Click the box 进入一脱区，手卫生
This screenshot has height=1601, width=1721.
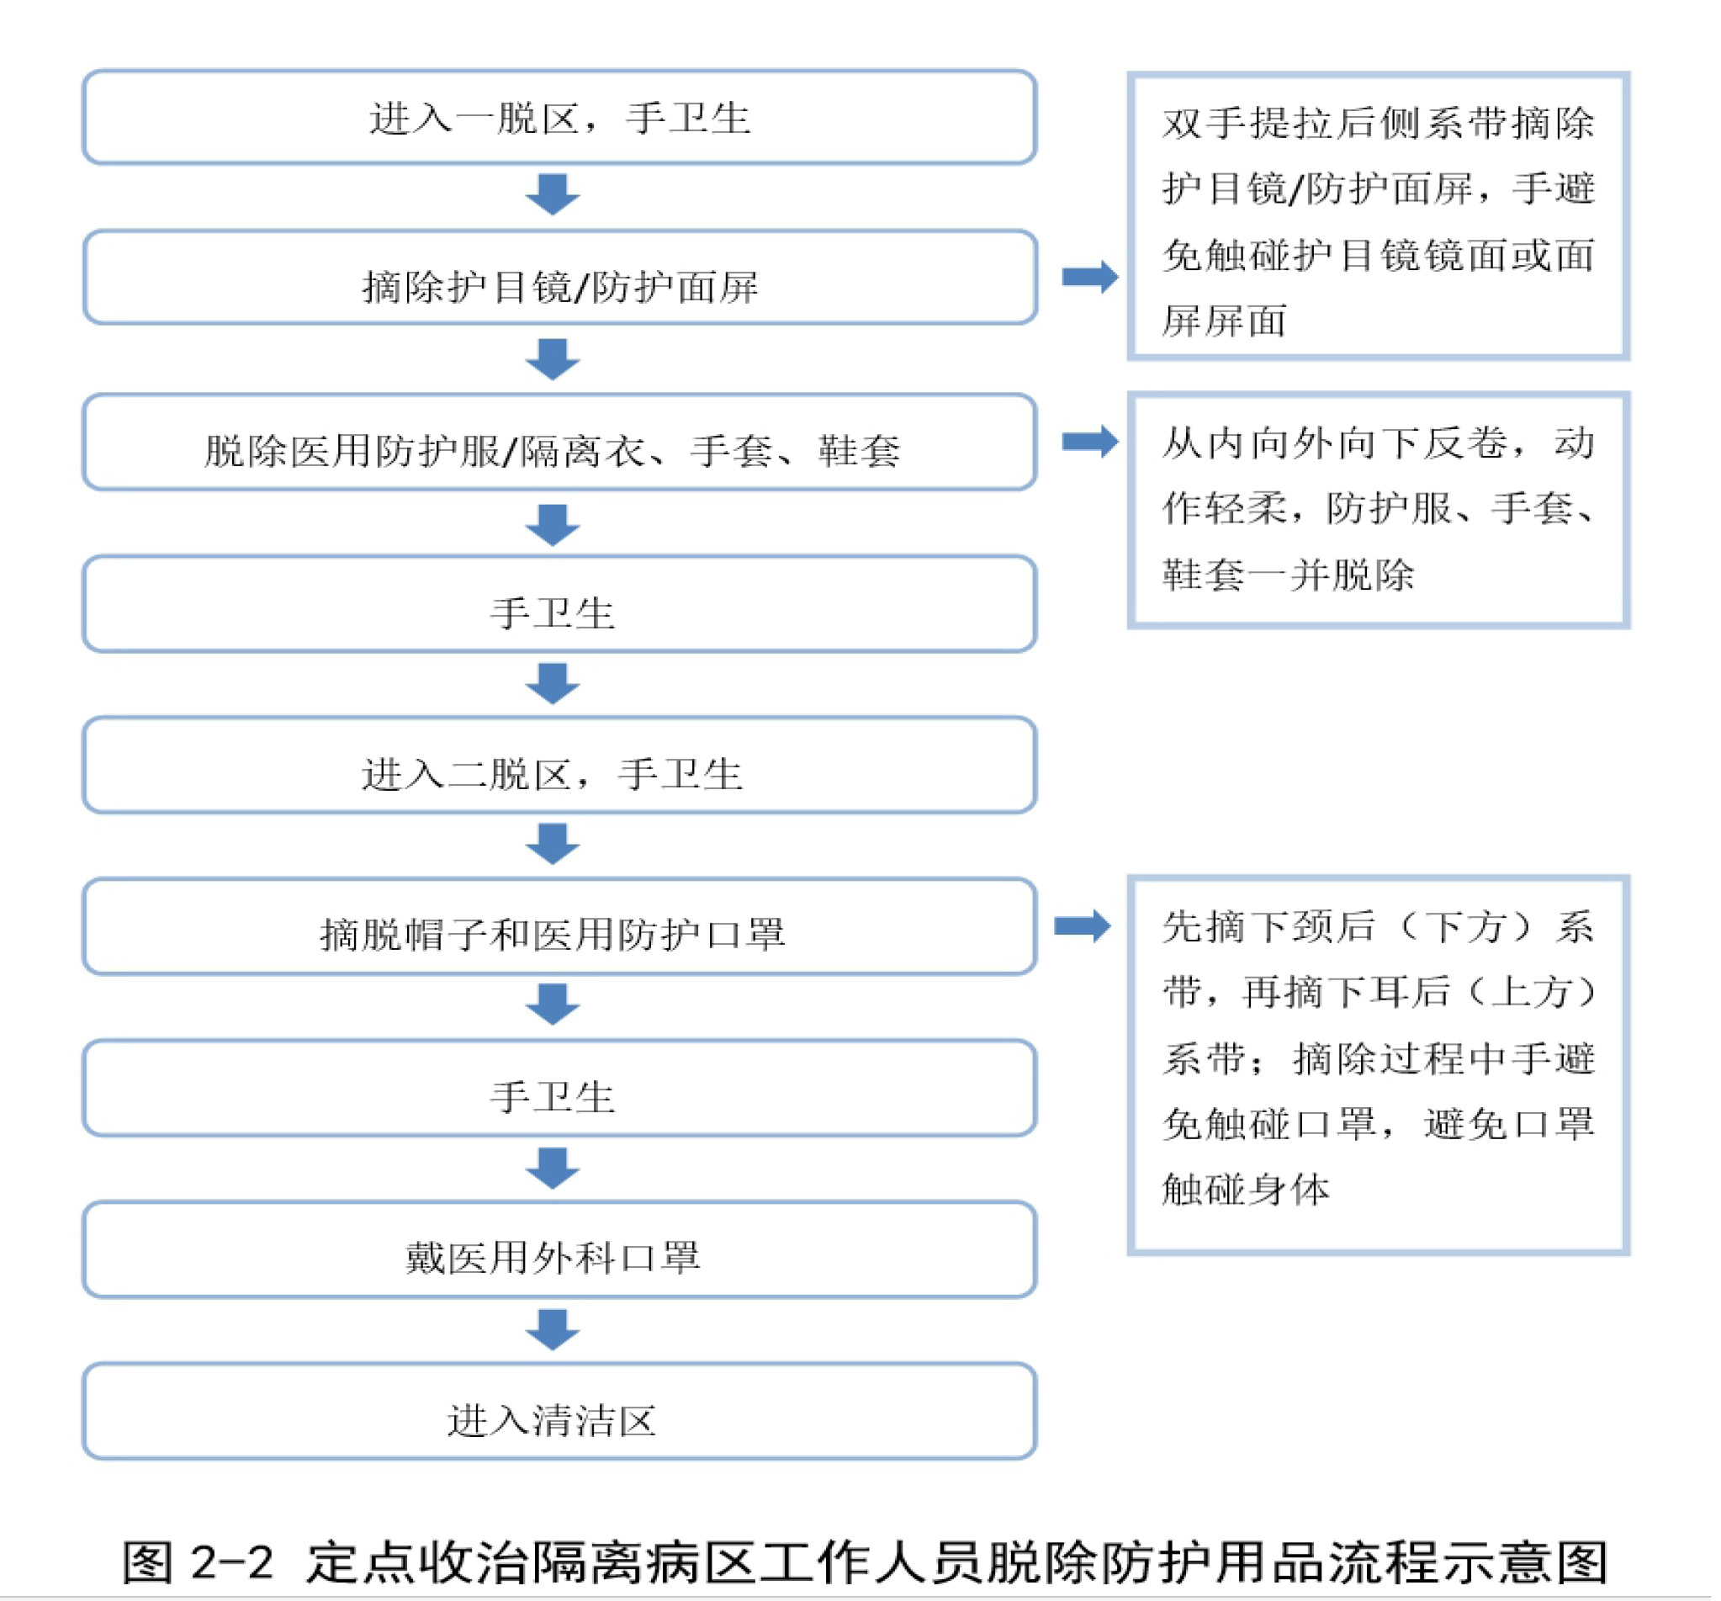[x=559, y=117]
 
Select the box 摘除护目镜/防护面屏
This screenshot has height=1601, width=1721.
[x=559, y=277]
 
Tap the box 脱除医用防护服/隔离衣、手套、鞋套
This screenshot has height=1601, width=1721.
[x=559, y=442]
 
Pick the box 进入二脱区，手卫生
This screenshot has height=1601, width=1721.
[x=559, y=765]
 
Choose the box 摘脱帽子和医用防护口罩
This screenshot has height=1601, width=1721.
[x=559, y=926]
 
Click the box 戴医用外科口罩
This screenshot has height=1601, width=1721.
[x=559, y=1249]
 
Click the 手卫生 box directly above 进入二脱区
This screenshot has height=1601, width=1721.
[x=559, y=603]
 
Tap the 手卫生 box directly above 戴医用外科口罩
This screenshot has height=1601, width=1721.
[x=559, y=1088]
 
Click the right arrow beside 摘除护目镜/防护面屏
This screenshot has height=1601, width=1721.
[x=1090, y=277]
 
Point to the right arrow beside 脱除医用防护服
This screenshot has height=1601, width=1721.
[x=1090, y=442]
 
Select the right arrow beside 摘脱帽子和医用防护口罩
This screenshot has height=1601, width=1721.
[x=1082, y=926]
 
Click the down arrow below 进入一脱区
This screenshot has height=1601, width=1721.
[x=553, y=195]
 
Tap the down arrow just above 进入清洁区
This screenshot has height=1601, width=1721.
[x=553, y=1330]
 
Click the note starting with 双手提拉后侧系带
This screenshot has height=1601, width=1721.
[x=1378, y=215]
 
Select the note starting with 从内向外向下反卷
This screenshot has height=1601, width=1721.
[x=1378, y=510]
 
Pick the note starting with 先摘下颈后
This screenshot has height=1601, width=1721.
[x=1378, y=1065]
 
